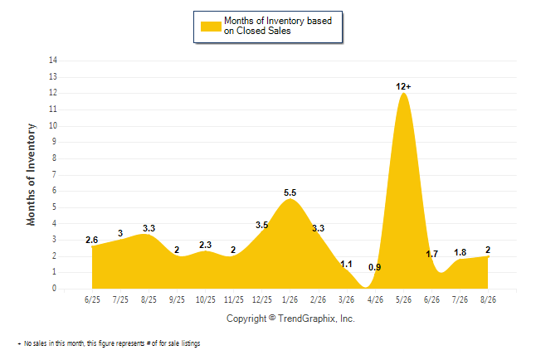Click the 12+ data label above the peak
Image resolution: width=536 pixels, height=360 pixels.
coord(403,86)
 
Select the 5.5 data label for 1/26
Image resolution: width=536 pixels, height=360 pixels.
coord(290,192)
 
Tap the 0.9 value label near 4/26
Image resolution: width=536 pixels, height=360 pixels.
coord(375,267)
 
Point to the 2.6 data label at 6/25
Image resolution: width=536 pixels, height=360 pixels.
coord(91,240)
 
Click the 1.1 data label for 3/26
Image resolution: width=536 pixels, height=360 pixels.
coord(346,265)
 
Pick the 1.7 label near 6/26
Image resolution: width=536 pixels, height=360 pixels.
coord(431,254)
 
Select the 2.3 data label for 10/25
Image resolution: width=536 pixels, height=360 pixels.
coord(205,245)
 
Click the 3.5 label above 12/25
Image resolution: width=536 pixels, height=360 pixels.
coord(262,225)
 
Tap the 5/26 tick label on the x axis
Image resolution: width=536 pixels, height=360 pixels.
coord(403,299)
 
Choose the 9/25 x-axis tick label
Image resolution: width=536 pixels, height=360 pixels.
coord(177,299)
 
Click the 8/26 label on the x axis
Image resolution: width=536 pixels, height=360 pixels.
coord(488,299)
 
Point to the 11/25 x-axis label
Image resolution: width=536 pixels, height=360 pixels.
coord(234,299)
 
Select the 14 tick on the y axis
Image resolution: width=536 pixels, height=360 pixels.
coord(53,61)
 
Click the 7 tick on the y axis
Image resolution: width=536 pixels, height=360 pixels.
coord(54,175)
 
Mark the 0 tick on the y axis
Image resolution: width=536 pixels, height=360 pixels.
coord(54,289)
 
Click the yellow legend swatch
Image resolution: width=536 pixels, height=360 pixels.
coord(211,27)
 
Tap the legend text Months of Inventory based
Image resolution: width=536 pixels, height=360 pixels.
coord(278,21)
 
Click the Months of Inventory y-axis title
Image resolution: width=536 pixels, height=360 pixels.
coord(31,175)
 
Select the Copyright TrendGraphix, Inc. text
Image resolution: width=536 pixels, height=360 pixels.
coord(290,319)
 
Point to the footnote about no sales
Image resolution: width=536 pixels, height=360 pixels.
coord(109,343)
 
